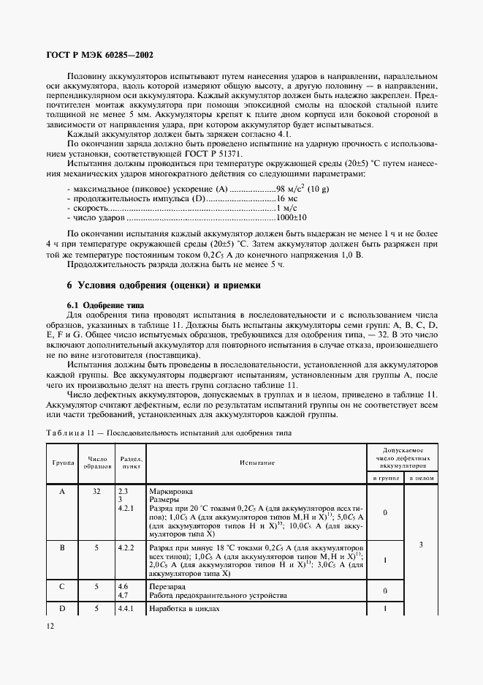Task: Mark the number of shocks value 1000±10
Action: tap(292, 217)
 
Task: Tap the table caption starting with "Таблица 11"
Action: tap(168, 433)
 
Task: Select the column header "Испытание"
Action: tap(256, 463)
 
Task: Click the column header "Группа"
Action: tap(62, 463)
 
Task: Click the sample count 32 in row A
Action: tap(96, 492)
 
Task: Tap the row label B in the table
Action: tap(62, 546)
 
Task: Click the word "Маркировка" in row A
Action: tap(171, 492)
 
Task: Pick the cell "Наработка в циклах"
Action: tap(183, 608)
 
